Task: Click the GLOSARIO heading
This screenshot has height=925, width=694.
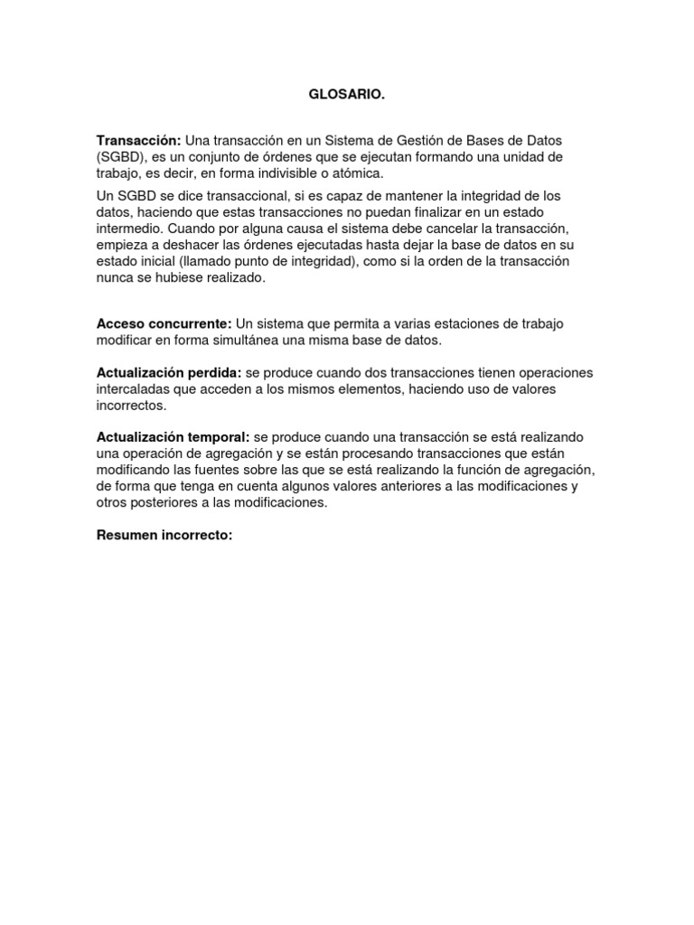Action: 346,94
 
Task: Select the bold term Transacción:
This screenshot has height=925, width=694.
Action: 139,142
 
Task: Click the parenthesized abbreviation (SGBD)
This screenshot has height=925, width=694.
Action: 121,157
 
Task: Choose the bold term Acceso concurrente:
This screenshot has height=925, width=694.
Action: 164,323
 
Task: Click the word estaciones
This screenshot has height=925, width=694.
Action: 464,323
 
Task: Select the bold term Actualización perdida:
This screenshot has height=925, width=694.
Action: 168,374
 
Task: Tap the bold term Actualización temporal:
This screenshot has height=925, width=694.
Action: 173,436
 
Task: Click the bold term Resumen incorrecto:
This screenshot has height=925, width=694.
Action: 164,535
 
